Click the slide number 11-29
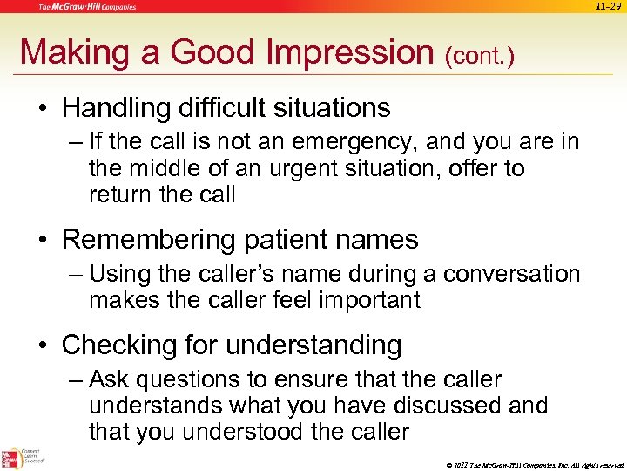point(609,6)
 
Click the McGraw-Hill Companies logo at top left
point(86,7)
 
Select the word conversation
point(511,274)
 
